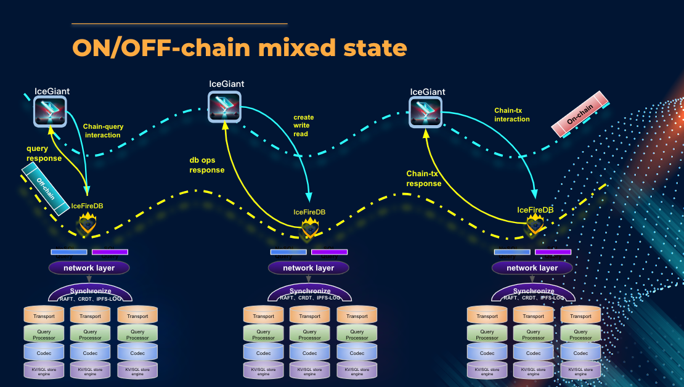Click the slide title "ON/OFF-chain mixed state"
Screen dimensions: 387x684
coord(239,47)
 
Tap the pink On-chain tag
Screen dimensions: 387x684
coord(580,114)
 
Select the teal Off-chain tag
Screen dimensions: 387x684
coord(45,189)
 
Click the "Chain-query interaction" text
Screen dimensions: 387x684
coord(103,131)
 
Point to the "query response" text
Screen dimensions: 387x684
coord(44,153)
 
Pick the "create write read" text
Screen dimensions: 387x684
coord(303,125)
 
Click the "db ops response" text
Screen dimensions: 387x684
coord(207,165)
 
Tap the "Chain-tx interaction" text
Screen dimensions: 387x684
coord(512,115)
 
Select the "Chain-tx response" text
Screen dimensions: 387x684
coord(424,179)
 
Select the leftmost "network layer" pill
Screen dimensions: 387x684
coord(89,268)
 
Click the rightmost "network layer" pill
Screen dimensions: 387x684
coord(532,268)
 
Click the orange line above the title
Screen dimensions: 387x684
coord(179,23)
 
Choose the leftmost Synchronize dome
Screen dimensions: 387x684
coord(90,293)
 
